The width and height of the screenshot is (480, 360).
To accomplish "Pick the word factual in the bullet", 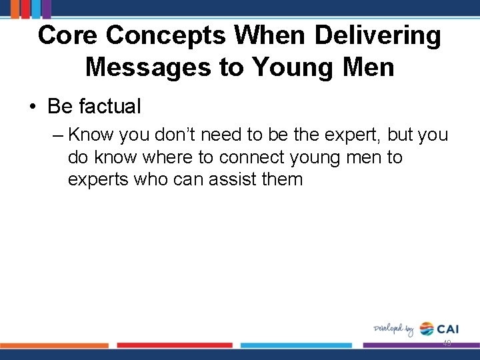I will click(x=110, y=106).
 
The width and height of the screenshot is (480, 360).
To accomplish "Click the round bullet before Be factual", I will click(x=33, y=107).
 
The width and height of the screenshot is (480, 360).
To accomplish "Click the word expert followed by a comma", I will click(x=349, y=135).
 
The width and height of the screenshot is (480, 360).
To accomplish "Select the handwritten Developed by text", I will click(x=393, y=329).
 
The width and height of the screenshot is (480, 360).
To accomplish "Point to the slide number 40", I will click(x=447, y=343).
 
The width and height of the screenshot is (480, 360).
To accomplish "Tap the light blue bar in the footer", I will click(x=296, y=345).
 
